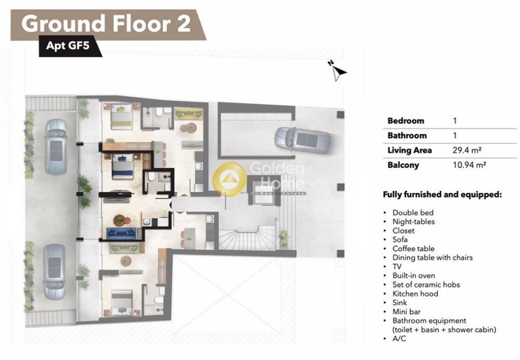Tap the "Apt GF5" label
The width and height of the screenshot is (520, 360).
coord(68,45)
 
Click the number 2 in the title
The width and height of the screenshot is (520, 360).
coord(184,23)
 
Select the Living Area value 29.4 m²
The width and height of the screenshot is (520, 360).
coord(467,150)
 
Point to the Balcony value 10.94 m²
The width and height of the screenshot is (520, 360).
coord(469,165)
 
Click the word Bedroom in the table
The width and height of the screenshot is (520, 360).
coord(406,121)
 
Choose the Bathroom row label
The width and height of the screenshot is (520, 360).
coord(407,135)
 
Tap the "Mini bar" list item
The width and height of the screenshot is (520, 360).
coord(407,312)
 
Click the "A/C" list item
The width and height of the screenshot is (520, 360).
coord(399,339)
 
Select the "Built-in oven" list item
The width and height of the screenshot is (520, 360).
coord(413,275)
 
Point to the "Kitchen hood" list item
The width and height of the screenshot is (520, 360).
coord(415,293)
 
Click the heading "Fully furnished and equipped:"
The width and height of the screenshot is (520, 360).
coord(443,195)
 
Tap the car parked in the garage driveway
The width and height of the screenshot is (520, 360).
coord(303,140)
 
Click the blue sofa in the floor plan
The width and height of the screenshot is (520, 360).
coord(122,234)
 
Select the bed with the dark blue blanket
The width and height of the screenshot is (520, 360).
coord(123,166)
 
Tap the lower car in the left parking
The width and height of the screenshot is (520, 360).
coord(55,272)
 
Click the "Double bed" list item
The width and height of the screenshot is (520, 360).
coord(413,213)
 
